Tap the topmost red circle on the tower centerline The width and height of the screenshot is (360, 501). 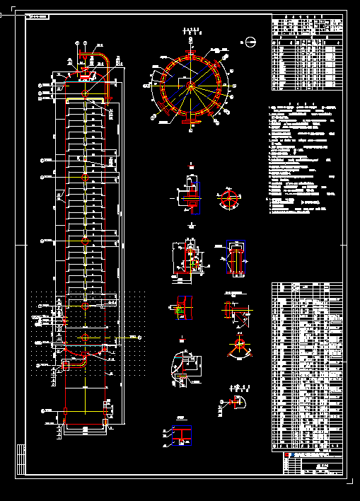pos(86,93)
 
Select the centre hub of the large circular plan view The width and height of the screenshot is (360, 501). pos(190,86)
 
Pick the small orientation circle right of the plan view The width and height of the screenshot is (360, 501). pos(250,42)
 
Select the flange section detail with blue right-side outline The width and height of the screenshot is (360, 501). pos(190,193)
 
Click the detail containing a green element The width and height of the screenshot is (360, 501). pos(182,305)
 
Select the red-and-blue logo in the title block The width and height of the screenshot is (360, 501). pos(289,456)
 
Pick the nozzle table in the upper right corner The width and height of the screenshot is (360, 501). pos(308,53)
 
